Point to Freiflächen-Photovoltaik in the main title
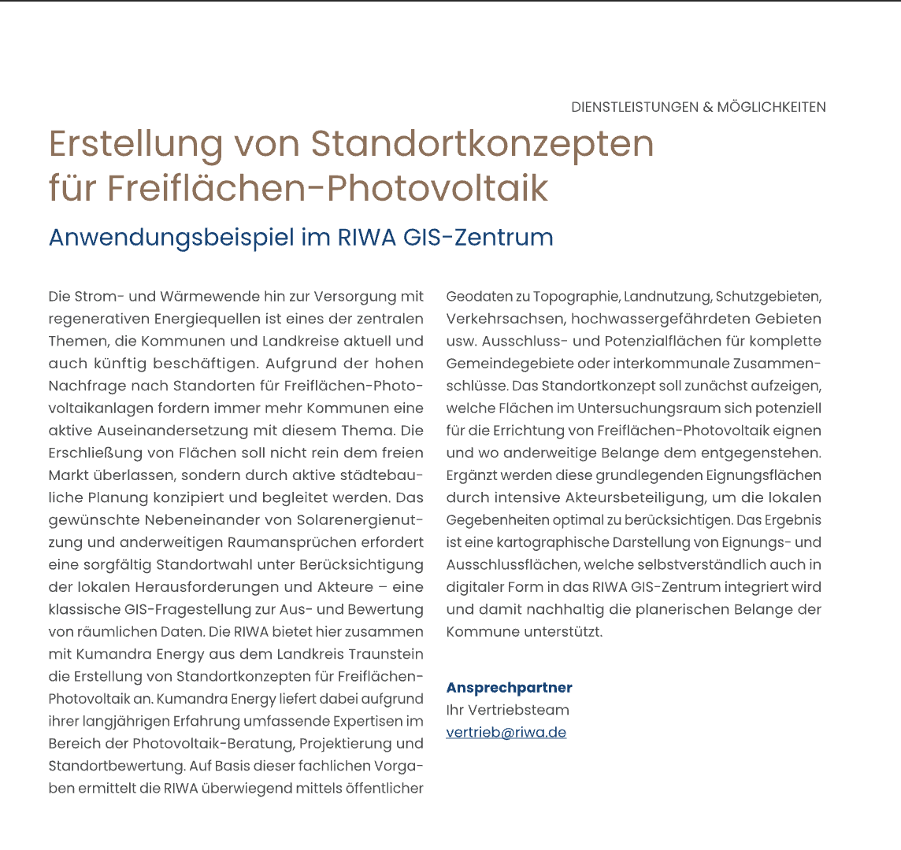[328, 188]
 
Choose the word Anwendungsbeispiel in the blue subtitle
[171, 237]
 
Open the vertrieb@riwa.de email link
[506, 733]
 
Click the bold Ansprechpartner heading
[510, 688]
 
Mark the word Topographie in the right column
[576, 297]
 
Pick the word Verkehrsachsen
[505, 319]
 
